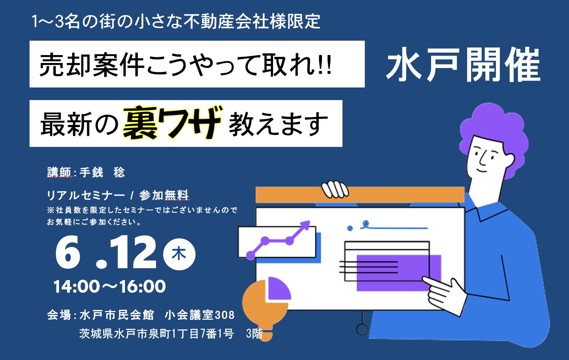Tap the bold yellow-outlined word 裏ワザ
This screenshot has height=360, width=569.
tap(173, 122)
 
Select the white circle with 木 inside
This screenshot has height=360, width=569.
tap(179, 254)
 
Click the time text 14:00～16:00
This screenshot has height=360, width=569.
tap(109, 286)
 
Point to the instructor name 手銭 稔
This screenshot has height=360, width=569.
tap(102, 172)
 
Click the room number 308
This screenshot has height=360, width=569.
tap(225, 315)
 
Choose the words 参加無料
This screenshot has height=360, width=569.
tap(164, 195)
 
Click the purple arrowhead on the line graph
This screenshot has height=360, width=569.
tap(305, 225)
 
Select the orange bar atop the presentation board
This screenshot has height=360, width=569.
tap(360, 195)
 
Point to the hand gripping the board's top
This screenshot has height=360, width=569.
tap(335, 189)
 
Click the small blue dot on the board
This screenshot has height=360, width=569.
tap(350, 228)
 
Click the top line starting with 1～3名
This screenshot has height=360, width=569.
tap(176, 21)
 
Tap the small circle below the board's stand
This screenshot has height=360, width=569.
tap(362, 329)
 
